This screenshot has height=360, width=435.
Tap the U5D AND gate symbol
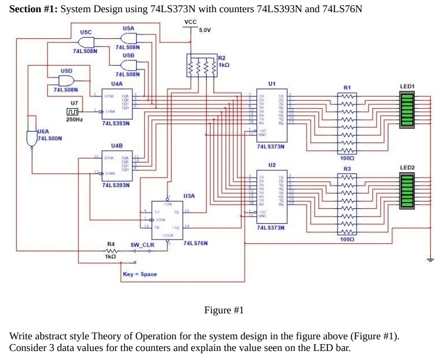[66, 80]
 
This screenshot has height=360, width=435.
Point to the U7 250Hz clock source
[73, 112]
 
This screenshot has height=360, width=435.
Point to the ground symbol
[430, 259]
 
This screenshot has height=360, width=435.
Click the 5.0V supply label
[205, 30]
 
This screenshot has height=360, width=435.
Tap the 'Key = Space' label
[139, 274]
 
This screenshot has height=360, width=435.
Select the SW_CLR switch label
[143, 245]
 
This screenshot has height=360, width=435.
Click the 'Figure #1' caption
[224, 310]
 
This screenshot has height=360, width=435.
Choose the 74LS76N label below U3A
[195, 243]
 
